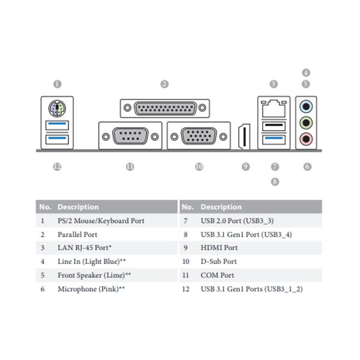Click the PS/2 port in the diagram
[x=56, y=109]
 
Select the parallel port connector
[x=165, y=109]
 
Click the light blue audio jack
[x=307, y=107]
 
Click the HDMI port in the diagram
[x=244, y=136]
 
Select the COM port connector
[x=130, y=136]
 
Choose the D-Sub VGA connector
[x=199, y=136]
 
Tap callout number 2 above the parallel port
[x=164, y=85]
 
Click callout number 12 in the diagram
[x=57, y=167]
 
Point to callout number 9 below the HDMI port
[x=245, y=167]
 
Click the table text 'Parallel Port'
[x=77, y=235]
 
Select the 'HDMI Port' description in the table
[x=219, y=248]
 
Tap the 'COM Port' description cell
[x=217, y=275]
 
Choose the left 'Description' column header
[x=78, y=207]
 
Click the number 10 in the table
[x=186, y=262]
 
